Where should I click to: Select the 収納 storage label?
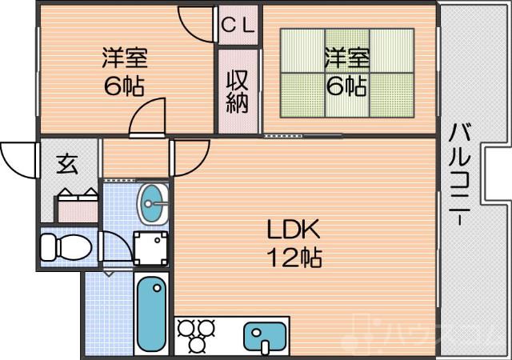coord(238,91)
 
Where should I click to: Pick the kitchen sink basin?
coord(265,337)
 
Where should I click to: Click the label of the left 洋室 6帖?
coord(123,71)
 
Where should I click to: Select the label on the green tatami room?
coord(346,71)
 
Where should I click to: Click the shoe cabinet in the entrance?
coord(78,206)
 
